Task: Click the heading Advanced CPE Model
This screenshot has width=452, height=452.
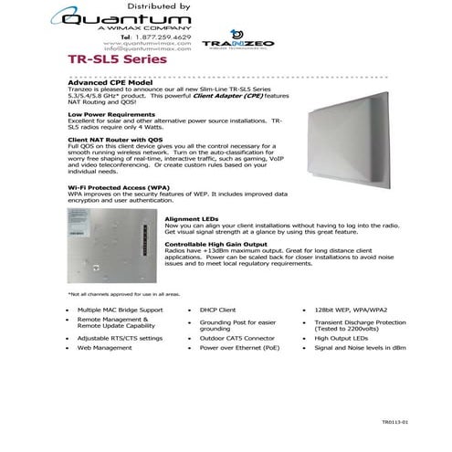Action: [x=110, y=81]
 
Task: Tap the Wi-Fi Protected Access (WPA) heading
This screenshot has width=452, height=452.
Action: [x=121, y=186]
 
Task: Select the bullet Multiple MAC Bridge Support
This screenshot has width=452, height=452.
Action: [x=121, y=310]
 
